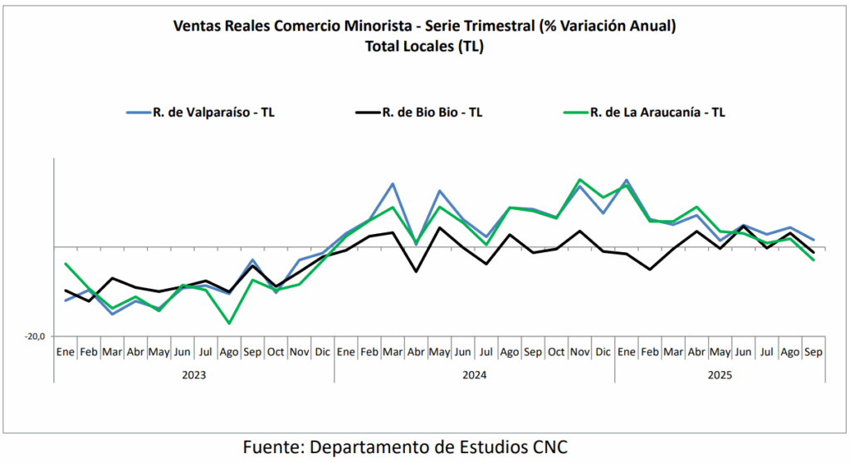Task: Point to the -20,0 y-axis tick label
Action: pos(34,336)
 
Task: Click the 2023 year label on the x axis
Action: pos(193,374)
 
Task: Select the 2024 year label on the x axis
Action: pos(474,374)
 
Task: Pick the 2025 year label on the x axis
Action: pos(719,374)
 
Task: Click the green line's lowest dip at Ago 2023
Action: pos(229,323)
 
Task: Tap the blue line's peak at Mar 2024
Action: pos(393,183)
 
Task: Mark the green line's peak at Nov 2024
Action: pos(579,179)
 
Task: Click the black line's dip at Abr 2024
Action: pos(416,271)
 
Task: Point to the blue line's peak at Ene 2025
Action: pos(626,180)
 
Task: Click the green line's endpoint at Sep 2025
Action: pos(813,260)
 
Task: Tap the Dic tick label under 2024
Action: pos(603,352)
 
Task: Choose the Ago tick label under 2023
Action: pos(229,352)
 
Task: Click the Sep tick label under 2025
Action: pos(813,352)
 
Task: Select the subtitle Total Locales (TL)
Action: pos(424,46)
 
